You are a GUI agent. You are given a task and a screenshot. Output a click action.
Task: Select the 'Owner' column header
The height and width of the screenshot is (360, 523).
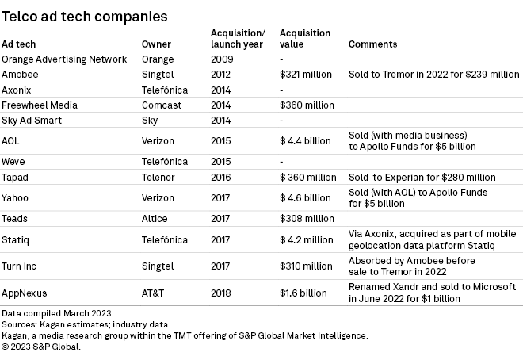click(156, 44)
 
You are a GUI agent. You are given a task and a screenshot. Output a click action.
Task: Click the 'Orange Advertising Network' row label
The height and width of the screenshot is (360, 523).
click(64, 59)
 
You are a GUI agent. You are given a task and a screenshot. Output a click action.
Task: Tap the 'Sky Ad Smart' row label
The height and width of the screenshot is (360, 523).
click(32, 120)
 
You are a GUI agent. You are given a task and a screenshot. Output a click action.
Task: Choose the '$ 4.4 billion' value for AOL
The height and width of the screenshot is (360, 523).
click(305, 140)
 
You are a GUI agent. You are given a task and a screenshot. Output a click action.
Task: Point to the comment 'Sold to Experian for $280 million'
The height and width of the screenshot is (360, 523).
click(422, 177)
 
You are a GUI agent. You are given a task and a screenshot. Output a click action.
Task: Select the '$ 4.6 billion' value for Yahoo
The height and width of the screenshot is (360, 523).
click(305, 197)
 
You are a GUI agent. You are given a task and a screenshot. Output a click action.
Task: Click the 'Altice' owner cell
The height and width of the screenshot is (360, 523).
click(156, 217)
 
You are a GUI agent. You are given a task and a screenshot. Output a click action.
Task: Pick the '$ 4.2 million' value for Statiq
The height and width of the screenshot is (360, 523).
click(306, 238)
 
